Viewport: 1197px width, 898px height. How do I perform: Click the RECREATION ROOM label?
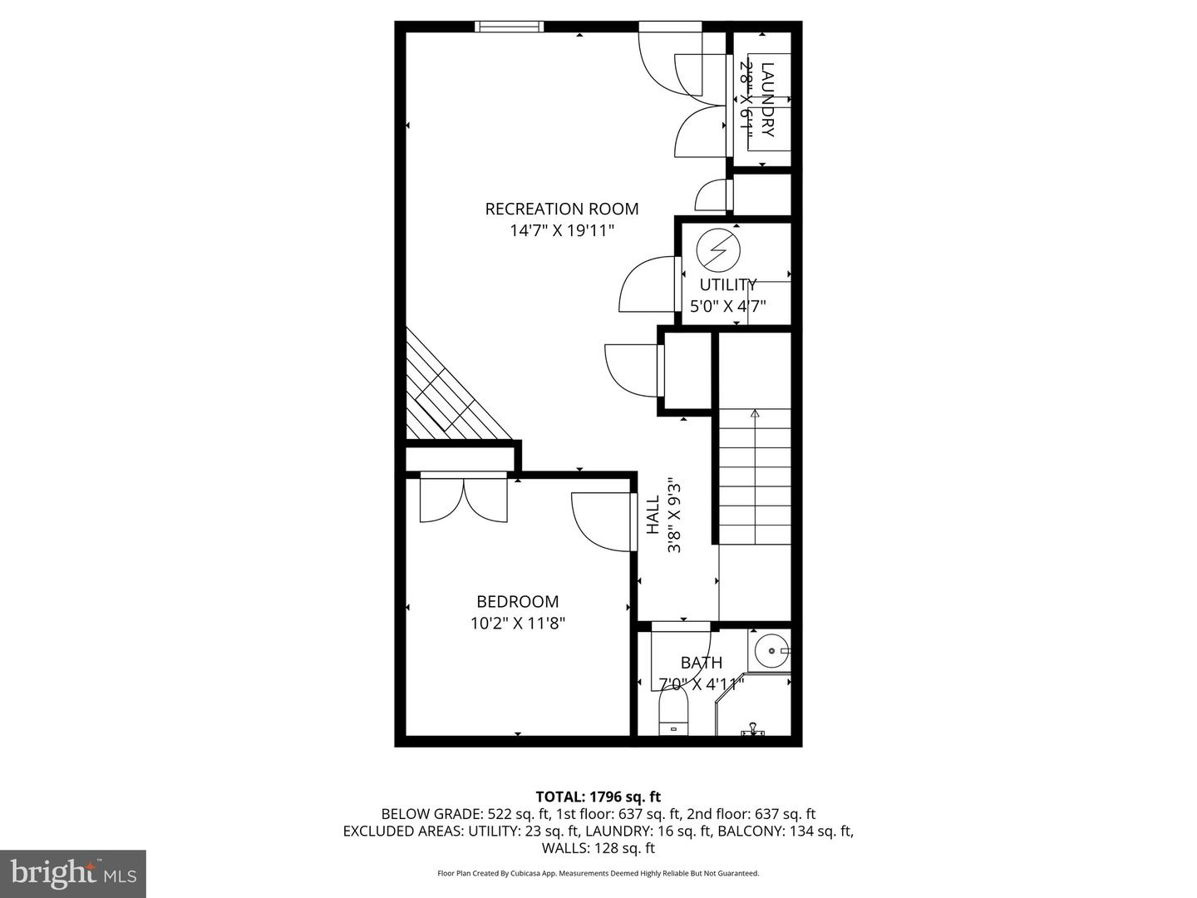(x=562, y=209)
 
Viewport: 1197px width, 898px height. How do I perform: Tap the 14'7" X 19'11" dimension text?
(x=562, y=230)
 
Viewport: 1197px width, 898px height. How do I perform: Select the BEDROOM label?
(x=517, y=601)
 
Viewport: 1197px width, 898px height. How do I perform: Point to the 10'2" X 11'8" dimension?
(x=517, y=623)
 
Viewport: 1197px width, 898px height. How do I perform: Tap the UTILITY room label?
(x=728, y=284)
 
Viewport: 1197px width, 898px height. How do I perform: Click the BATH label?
(x=702, y=663)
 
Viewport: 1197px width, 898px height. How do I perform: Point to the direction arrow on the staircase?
(x=755, y=412)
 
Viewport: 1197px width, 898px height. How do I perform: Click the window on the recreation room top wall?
(x=510, y=27)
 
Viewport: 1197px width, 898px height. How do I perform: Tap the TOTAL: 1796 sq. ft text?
(x=598, y=797)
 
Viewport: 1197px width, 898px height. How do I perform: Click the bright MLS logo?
(x=73, y=873)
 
